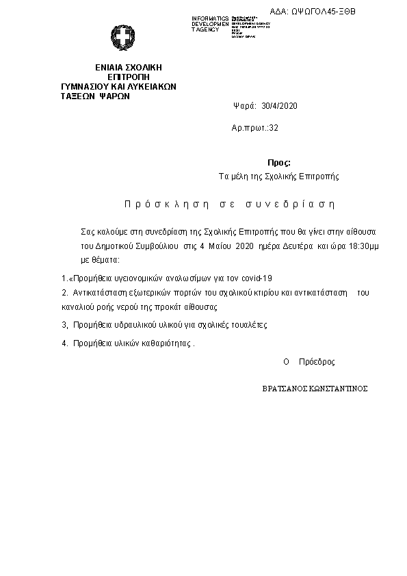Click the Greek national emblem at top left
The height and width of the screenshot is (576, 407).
124,37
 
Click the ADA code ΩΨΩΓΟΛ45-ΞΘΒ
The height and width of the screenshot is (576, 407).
323,12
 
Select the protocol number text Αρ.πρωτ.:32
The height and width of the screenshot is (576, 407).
255,128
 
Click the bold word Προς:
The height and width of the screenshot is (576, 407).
278,163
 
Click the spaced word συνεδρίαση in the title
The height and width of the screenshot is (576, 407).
292,204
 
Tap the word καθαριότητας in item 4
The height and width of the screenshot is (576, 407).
168,344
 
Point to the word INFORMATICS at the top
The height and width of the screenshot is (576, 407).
210,18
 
